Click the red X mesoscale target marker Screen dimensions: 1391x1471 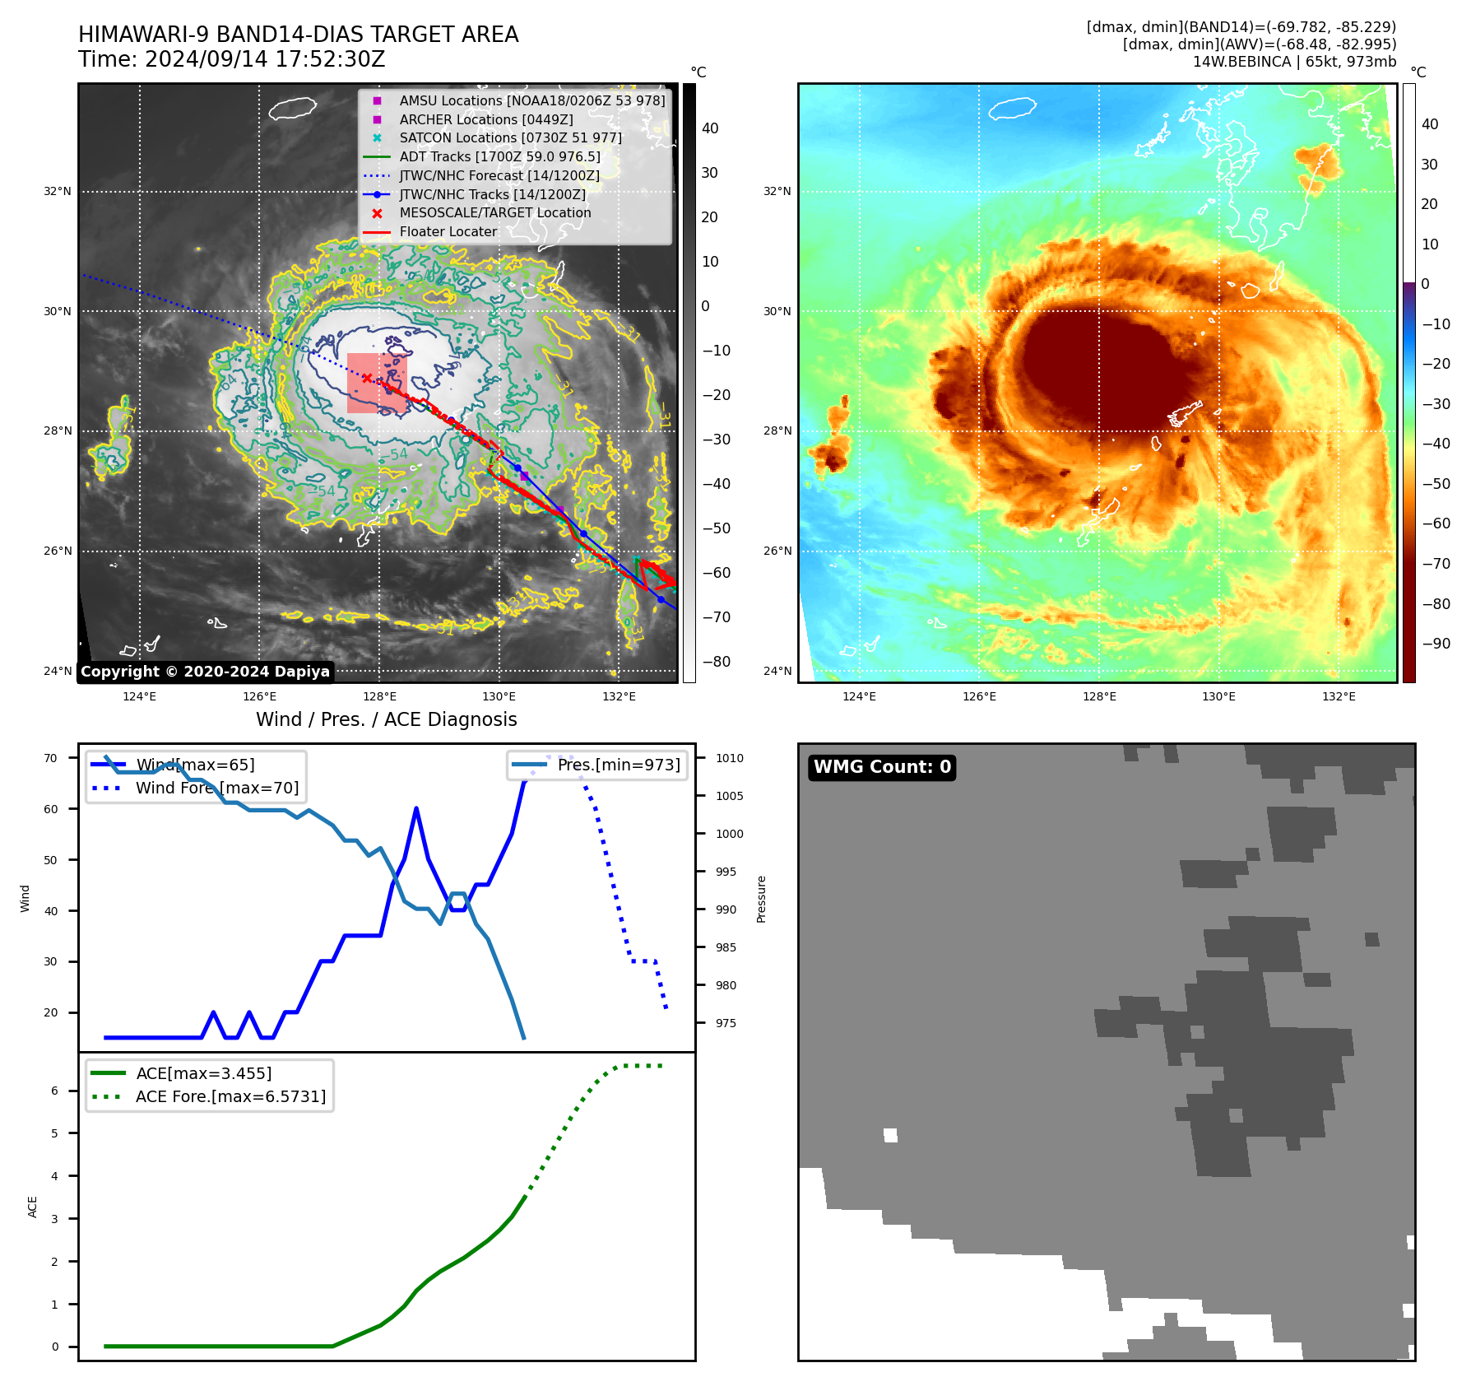pyautogui.click(x=367, y=379)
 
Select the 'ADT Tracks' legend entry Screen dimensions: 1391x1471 pyautogui.click(x=499, y=157)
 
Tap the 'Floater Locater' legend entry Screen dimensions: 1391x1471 pyautogui.click(x=448, y=232)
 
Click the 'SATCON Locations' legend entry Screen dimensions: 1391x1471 pyautogui.click(x=510, y=138)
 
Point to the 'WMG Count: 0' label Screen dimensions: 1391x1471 pyautogui.click(x=882, y=767)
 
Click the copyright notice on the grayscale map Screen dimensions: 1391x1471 pyautogui.click(x=205, y=672)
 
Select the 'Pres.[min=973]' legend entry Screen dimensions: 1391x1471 pyautogui.click(x=619, y=765)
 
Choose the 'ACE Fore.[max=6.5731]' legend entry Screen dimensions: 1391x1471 pyautogui.click(x=230, y=1097)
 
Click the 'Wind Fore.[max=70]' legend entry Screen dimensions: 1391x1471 pyautogui.click(x=217, y=789)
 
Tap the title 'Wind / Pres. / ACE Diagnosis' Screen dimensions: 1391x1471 pyautogui.click(x=387, y=719)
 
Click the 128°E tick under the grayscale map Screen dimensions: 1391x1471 pyautogui.click(x=379, y=697)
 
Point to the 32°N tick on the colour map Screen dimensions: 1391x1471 pyautogui.click(x=777, y=192)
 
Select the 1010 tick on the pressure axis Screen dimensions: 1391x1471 pyautogui.click(x=729, y=759)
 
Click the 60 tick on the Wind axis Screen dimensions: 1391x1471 pyautogui.click(x=51, y=809)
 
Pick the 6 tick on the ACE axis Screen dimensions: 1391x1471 pyautogui.click(x=54, y=1091)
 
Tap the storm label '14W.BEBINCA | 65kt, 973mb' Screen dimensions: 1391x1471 pyautogui.click(x=1294, y=62)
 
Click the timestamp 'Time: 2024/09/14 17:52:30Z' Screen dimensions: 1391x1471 pyautogui.click(x=232, y=59)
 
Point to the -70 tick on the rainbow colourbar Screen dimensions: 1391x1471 pyautogui.click(x=1436, y=564)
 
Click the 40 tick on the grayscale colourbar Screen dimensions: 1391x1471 pyautogui.click(x=710, y=128)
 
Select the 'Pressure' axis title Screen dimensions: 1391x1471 pyautogui.click(x=762, y=899)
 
